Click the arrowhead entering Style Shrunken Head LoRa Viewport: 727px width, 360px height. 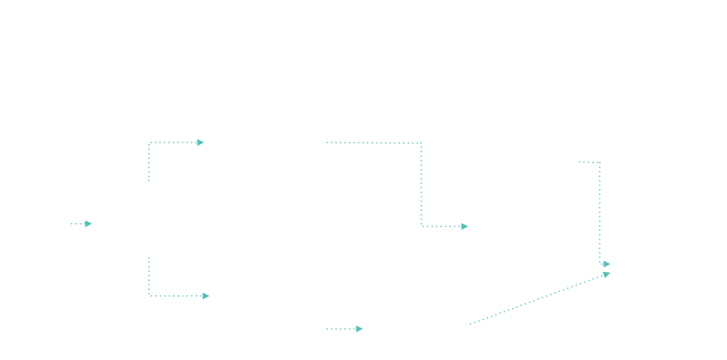[208, 296]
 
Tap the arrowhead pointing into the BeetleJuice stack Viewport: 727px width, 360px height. [201, 143]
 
